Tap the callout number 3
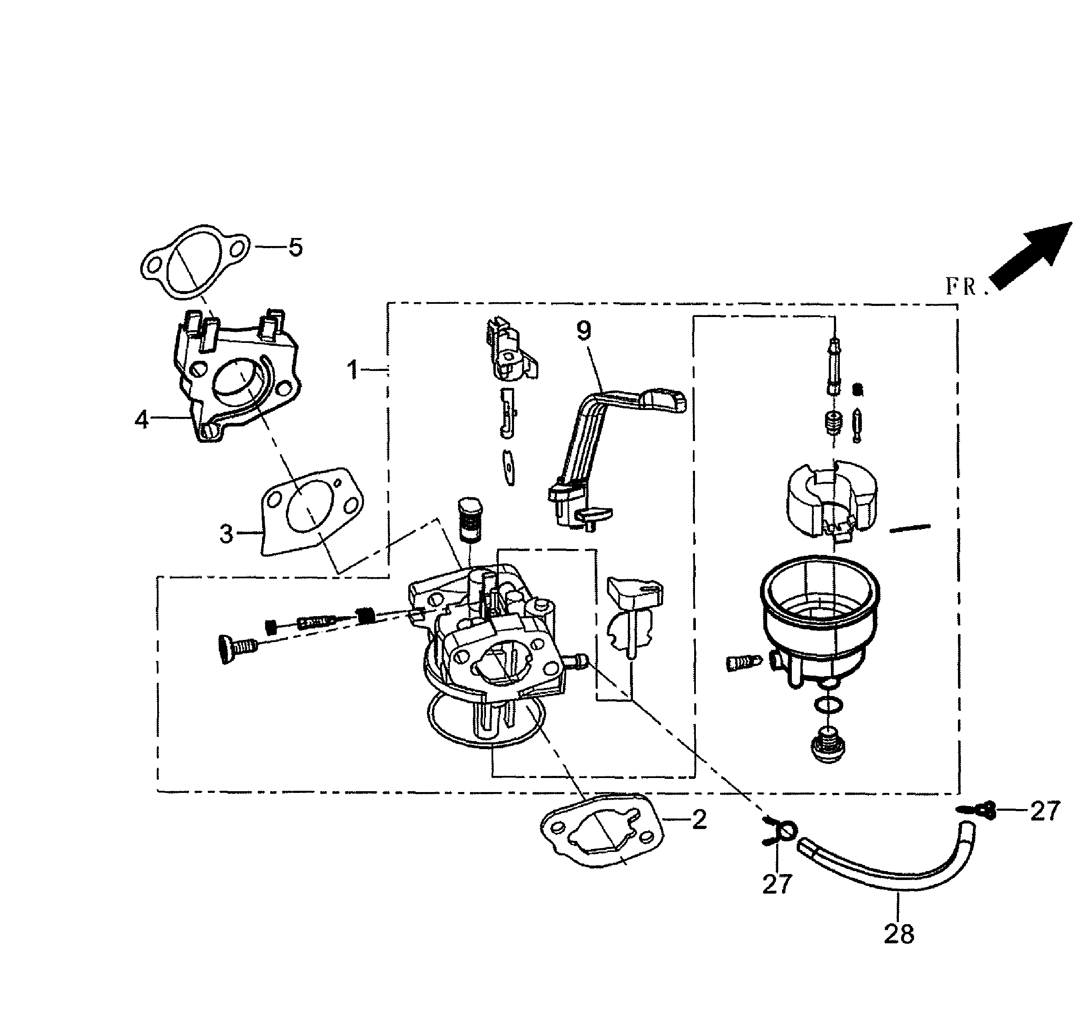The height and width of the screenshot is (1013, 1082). (x=226, y=534)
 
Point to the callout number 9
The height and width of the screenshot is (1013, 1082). (x=583, y=331)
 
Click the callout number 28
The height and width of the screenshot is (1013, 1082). (x=899, y=934)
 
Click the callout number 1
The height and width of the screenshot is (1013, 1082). (x=353, y=370)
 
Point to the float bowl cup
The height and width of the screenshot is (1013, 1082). (x=819, y=620)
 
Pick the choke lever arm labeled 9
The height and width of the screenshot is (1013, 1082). (x=615, y=430)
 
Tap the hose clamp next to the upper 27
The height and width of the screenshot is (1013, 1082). (x=978, y=811)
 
